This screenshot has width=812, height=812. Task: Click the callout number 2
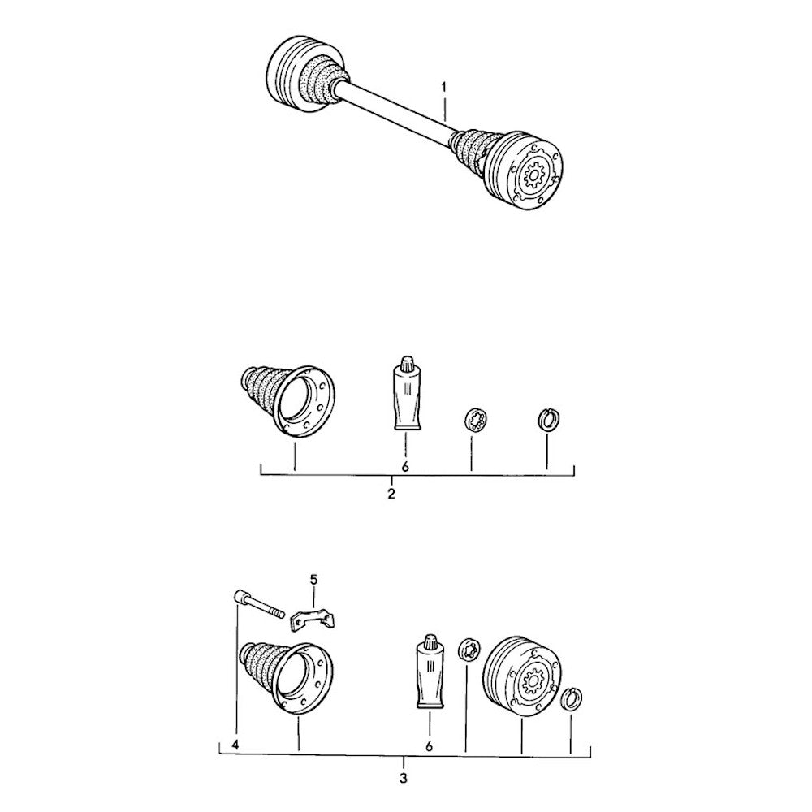click(391, 494)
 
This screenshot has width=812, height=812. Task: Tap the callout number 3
click(404, 777)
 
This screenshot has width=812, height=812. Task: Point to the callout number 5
click(314, 580)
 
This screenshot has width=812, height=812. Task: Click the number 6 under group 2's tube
click(404, 466)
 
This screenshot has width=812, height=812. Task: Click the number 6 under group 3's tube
click(428, 744)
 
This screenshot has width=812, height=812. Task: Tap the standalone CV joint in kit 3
click(521, 673)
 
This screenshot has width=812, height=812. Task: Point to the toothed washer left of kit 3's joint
click(469, 650)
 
